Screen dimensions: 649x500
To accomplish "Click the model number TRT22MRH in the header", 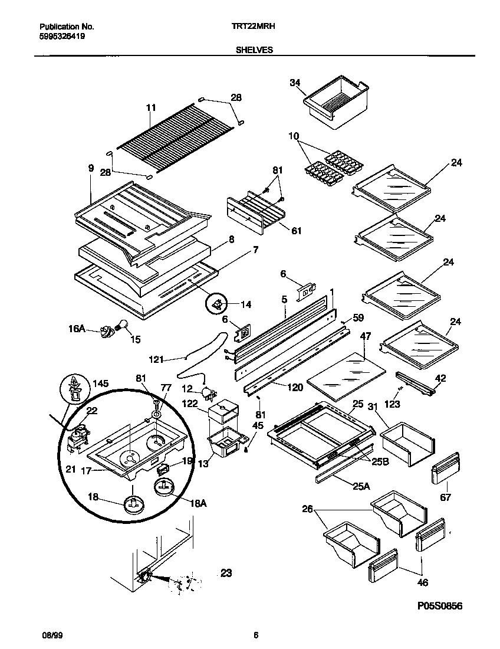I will [x=250, y=27].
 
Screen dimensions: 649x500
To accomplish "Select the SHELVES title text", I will [x=254, y=51].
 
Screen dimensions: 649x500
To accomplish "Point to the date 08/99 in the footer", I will [x=51, y=635].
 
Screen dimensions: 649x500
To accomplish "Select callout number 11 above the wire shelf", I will [x=151, y=107].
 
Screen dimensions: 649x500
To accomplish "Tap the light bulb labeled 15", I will [x=123, y=325].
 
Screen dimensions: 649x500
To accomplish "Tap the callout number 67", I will [x=446, y=497].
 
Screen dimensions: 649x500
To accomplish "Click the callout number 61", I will [x=296, y=231].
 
